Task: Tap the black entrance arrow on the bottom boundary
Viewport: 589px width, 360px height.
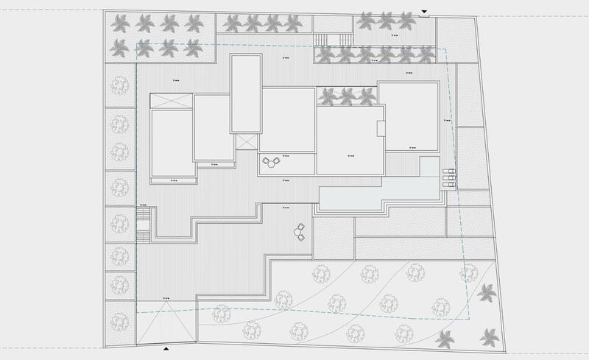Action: coord(166,347)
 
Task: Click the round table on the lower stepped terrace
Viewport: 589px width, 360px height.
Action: coord(299,233)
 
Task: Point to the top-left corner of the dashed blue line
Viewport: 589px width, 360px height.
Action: coord(138,43)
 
